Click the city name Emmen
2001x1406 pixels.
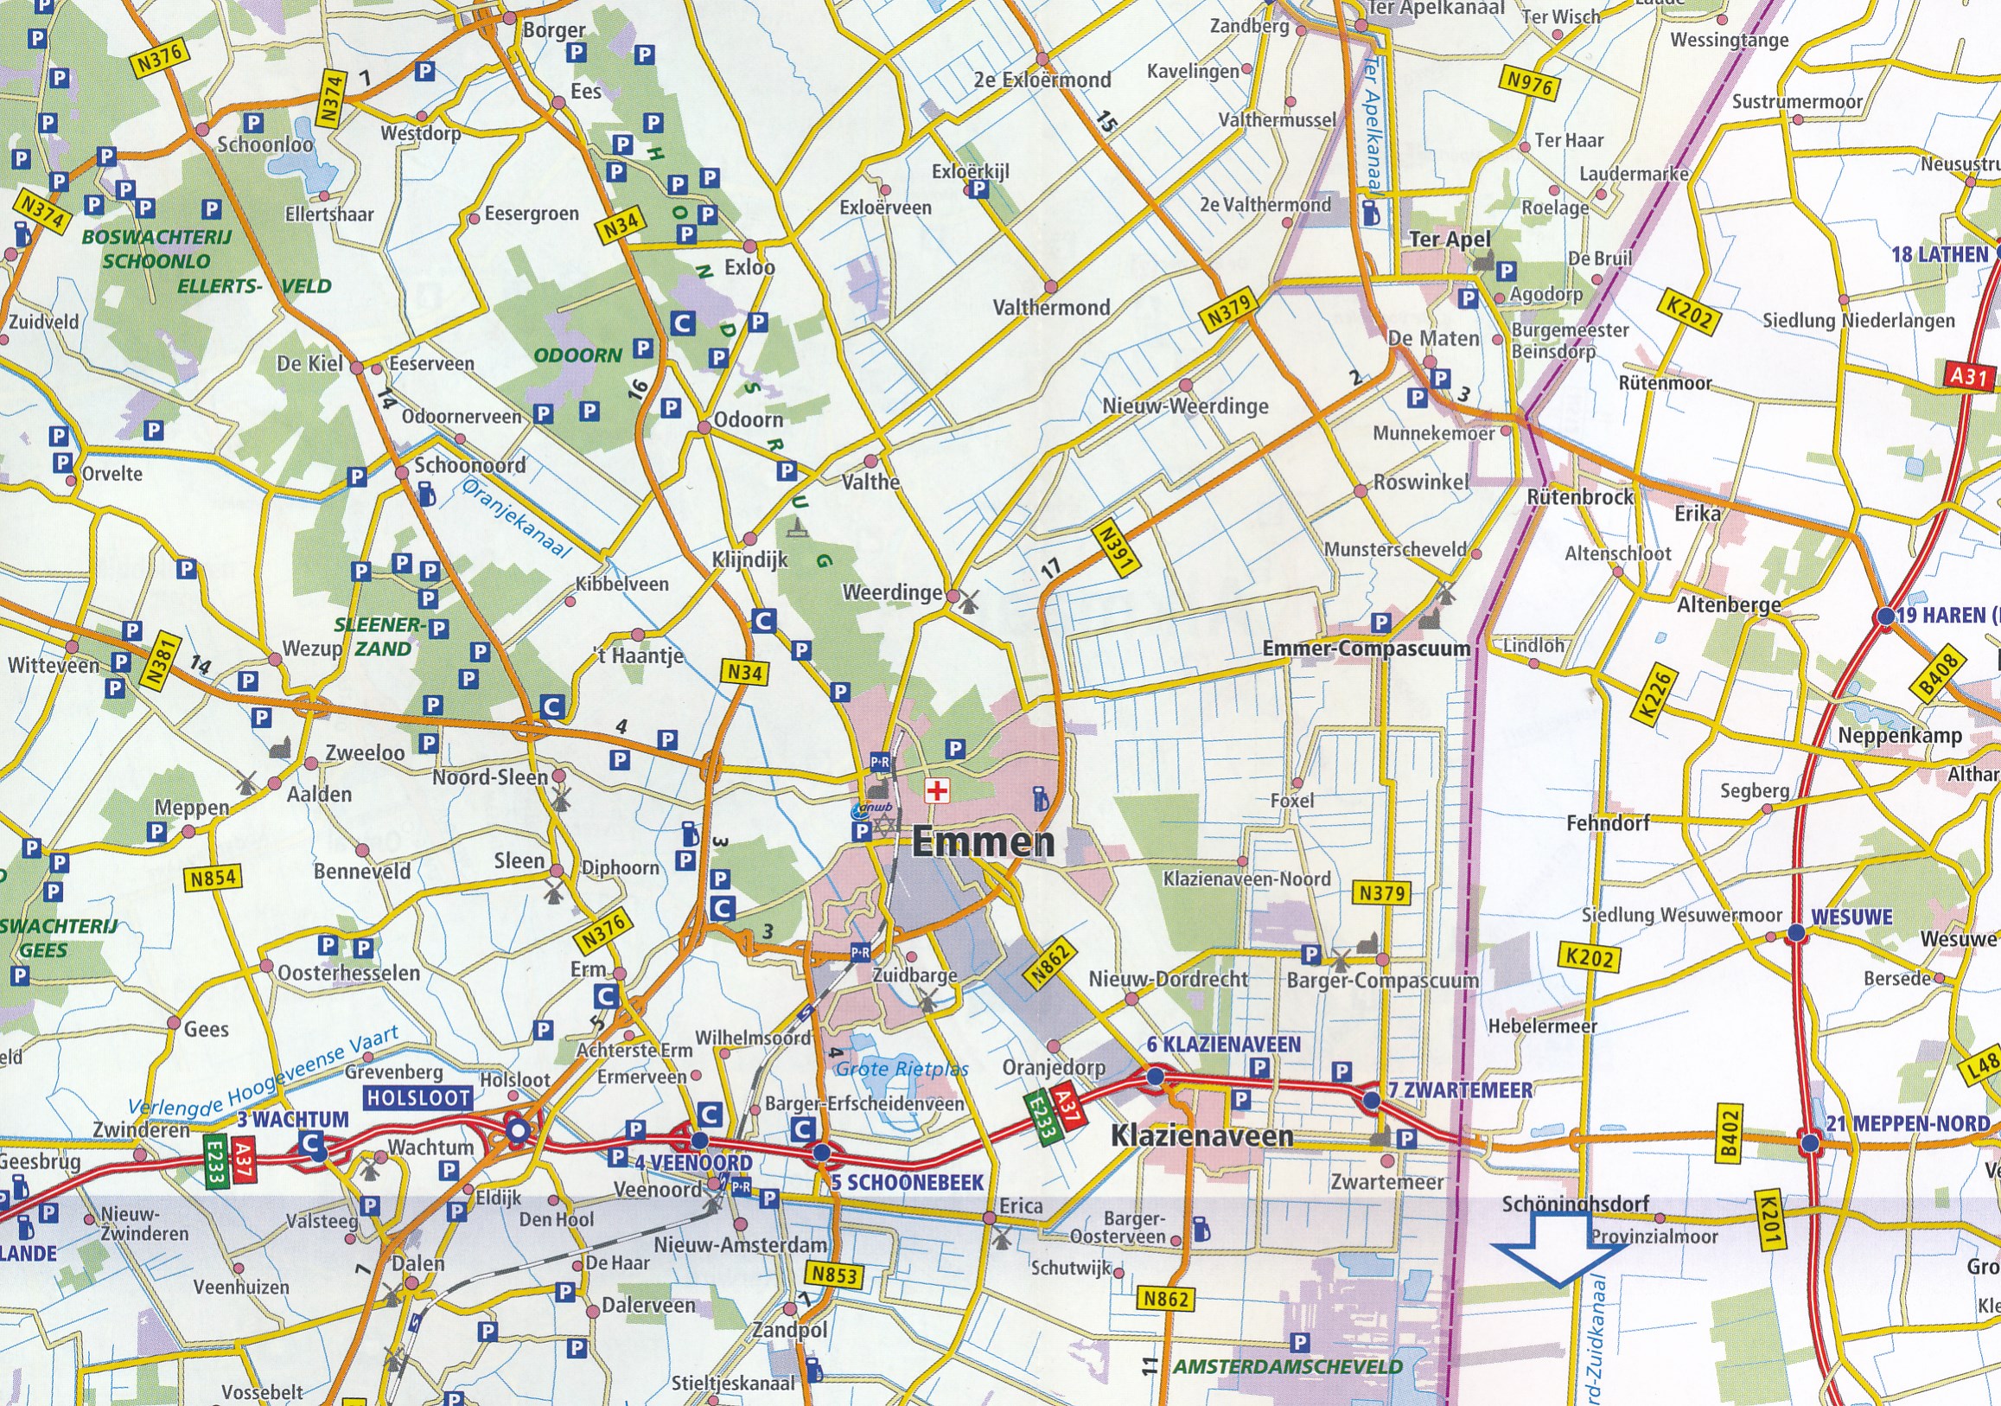click(x=983, y=842)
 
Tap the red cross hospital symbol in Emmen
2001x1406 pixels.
click(x=937, y=791)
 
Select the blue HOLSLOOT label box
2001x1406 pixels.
click(x=418, y=1098)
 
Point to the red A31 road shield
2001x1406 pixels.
click(x=1969, y=376)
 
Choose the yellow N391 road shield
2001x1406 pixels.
click(x=1115, y=548)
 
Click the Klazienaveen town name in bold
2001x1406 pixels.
click(x=1201, y=1136)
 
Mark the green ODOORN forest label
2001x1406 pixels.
click(x=577, y=355)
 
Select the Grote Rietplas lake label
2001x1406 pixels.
click(x=902, y=1070)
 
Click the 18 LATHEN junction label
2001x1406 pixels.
click(x=1939, y=255)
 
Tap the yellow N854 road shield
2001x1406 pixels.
click(x=213, y=878)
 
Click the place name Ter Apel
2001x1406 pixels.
click(x=1450, y=239)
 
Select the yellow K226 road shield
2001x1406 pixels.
click(x=1655, y=693)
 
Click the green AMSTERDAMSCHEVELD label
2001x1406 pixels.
click(x=1287, y=1367)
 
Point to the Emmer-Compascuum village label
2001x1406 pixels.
click(x=1366, y=649)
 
